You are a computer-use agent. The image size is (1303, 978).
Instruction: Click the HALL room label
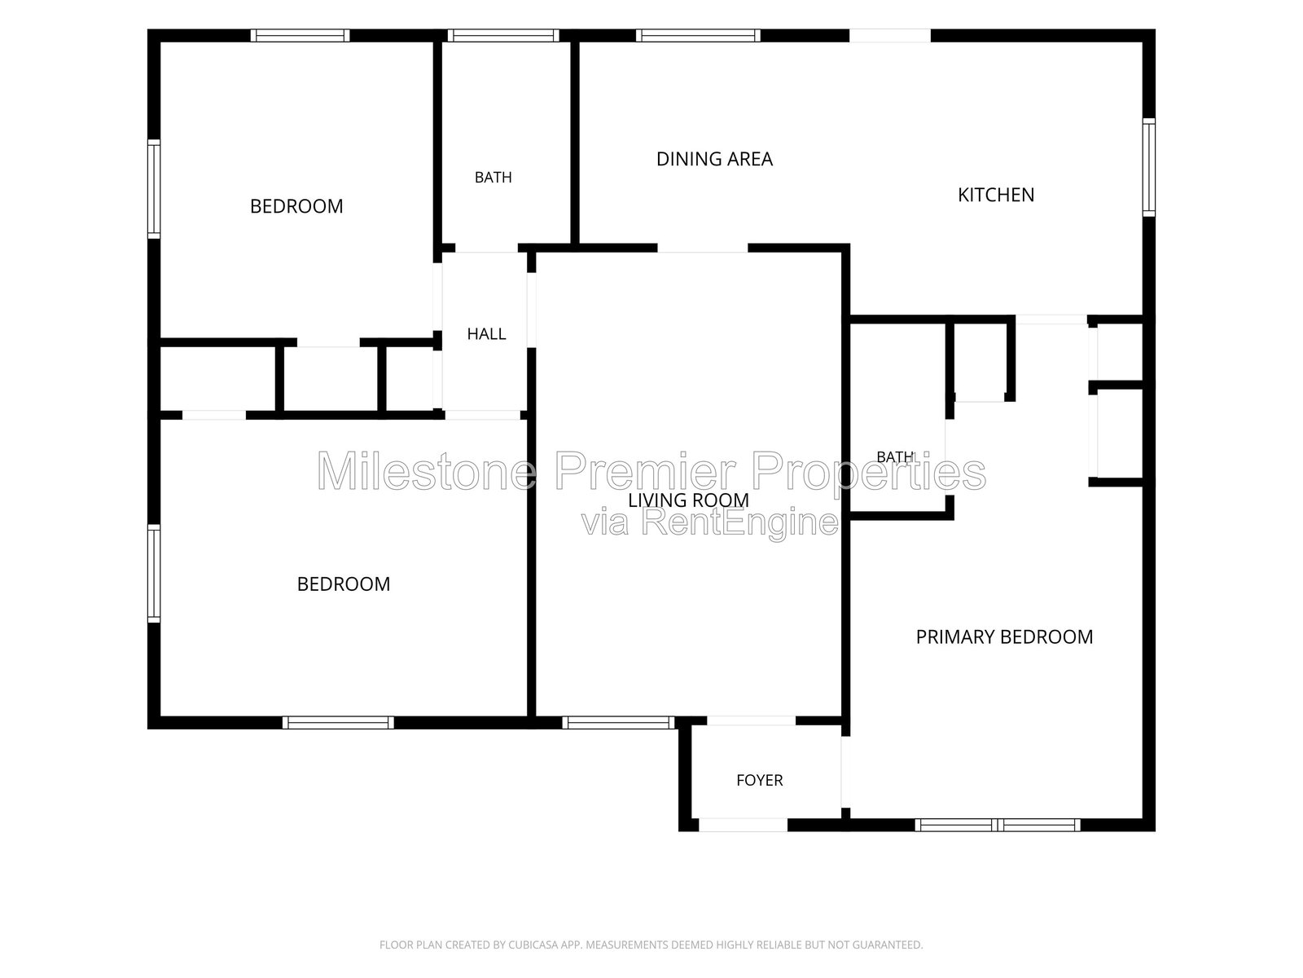486,334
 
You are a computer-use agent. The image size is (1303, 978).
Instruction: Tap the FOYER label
759,780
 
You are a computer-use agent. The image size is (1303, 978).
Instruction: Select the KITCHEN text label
995,195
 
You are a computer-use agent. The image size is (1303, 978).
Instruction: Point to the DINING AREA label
714,159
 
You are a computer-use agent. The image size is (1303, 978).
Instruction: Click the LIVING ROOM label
688,500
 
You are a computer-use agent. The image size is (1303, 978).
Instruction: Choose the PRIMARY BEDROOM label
1004,637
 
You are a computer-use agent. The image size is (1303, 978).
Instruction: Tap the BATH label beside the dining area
493,177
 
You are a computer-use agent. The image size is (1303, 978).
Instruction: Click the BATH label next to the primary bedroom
895,456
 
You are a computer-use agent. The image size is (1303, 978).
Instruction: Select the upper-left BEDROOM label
296,206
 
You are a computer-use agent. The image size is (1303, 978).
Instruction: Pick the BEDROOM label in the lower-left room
343,584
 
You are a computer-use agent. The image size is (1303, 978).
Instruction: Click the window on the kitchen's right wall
1148,167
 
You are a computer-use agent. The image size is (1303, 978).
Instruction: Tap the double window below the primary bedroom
998,825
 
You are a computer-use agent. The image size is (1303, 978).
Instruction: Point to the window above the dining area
698,36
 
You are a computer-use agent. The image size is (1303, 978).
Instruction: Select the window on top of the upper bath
503,36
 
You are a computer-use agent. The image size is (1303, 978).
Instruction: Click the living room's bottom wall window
619,723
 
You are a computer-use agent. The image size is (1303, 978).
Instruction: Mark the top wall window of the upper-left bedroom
300,36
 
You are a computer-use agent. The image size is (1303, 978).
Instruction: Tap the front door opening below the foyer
744,825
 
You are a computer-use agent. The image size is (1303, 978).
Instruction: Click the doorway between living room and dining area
702,249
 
